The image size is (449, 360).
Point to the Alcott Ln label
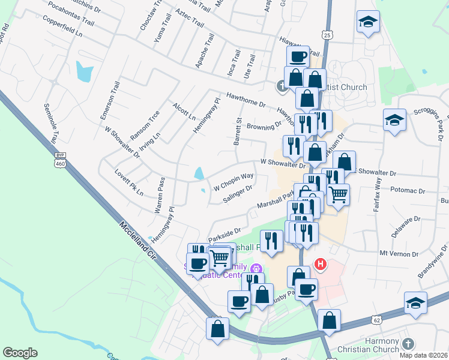[184, 112]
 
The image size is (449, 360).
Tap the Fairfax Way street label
[378, 186]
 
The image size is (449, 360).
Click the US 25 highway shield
[327, 35]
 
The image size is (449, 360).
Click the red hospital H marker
[321, 263]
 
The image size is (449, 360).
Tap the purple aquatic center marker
[257, 269]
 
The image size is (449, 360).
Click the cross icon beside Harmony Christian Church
[408, 344]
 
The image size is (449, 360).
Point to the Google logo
[20, 353]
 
